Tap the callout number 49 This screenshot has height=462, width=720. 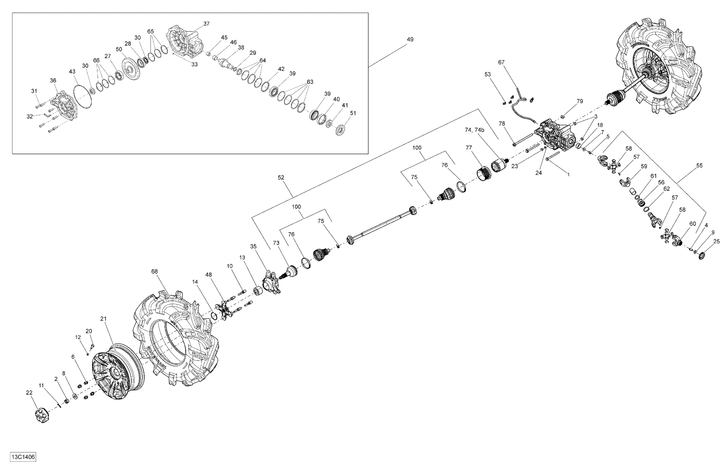(410, 39)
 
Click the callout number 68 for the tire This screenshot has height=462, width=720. (154, 272)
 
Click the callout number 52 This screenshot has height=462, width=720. (281, 178)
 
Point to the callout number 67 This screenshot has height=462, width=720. (501, 62)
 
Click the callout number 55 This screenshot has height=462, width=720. (699, 165)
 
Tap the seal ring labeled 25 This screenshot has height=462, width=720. (702, 256)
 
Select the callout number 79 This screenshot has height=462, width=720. (580, 101)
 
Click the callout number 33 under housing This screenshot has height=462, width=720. (194, 64)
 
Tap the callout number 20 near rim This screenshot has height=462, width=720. (89, 331)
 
